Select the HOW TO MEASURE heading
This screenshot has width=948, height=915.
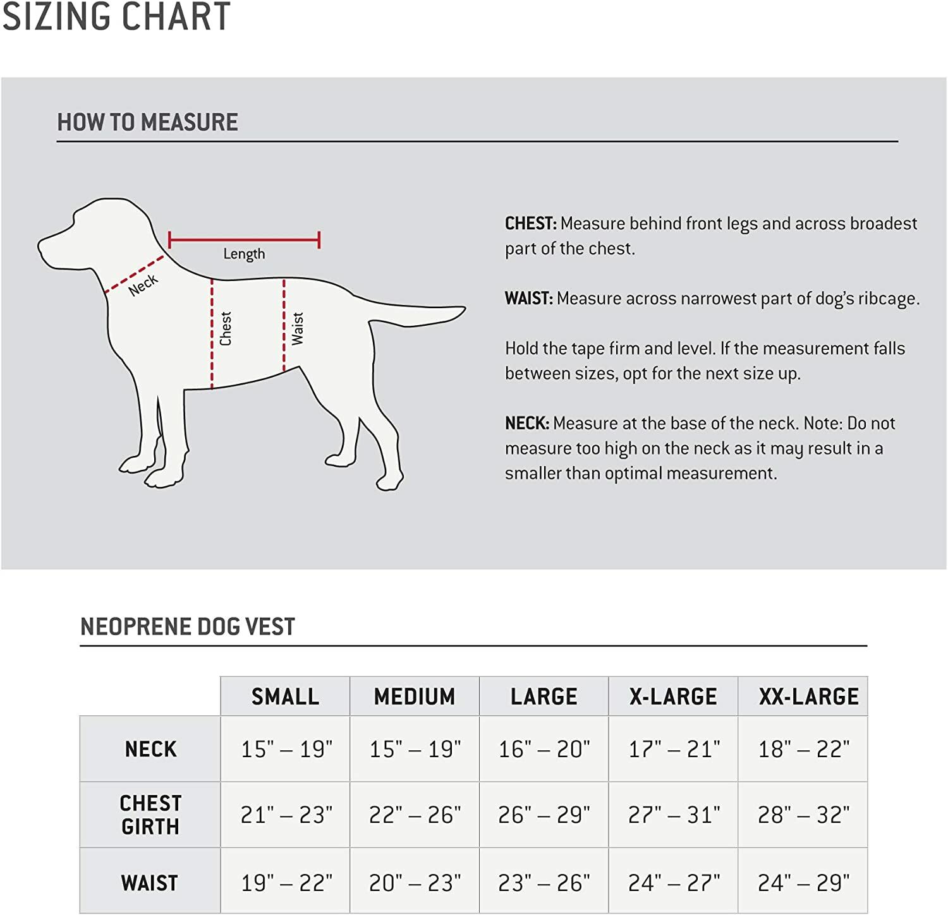(147, 122)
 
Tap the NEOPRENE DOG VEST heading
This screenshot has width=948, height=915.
(188, 626)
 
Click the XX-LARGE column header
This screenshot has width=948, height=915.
(808, 697)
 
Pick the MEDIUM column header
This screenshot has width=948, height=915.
(415, 697)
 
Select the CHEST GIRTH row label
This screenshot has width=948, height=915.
(150, 815)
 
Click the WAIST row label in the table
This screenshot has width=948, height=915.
(150, 882)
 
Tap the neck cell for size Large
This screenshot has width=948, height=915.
(544, 749)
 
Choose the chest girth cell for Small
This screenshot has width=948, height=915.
(286, 815)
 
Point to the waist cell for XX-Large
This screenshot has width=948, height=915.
(803, 882)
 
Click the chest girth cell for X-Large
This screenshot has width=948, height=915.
(674, 815)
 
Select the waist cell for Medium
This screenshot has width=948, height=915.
(415, 882)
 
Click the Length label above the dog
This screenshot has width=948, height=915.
(244, 254)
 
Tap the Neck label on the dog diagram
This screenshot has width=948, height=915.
(143, 285)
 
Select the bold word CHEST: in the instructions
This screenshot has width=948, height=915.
(530, 224)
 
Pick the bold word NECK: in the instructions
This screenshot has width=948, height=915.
(527, 423)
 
